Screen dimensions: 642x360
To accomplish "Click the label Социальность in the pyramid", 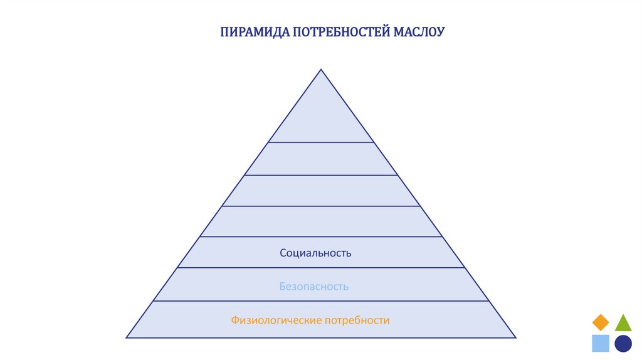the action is click(x=315, y=253).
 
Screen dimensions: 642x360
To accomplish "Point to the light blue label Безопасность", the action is click(x=313, y=287).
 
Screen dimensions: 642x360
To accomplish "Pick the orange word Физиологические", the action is click(x=276, y=320).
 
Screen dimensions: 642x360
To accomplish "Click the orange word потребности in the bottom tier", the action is click(x=357, y=320).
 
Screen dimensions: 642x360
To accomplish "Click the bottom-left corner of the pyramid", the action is click(x=127, y=337).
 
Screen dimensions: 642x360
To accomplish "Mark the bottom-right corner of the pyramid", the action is click(x=515, y=337).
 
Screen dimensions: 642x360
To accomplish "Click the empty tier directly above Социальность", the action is click(x=321, y=221).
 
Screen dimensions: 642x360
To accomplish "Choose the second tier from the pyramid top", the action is click(x=321, y=159).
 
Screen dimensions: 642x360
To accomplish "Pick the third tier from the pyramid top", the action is click(x=321, y=191).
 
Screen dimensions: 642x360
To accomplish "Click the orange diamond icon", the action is click(x=601, y=322).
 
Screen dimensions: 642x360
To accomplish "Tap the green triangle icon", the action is click(x=623, y=323).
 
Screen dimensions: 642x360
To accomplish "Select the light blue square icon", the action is click(x=601, y=343).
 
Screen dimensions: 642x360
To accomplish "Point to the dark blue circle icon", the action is click(x=623, y=343).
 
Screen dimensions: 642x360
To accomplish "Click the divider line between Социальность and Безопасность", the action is click(x=321, y=268).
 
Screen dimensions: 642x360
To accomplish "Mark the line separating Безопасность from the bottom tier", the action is click(x=321, y=301).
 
